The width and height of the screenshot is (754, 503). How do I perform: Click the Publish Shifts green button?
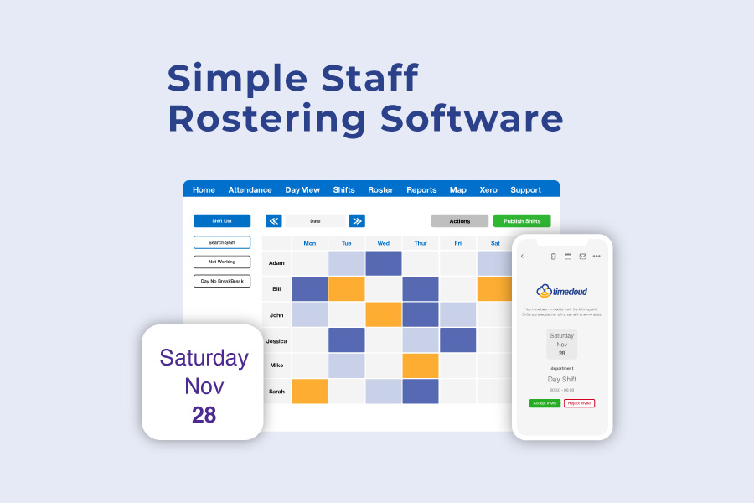(522, 221)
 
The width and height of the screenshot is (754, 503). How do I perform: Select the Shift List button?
(221, 221)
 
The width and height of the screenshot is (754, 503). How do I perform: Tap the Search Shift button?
(221, 242)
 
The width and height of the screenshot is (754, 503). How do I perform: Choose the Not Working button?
(221, 262)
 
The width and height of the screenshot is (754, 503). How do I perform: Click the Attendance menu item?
(250, 190)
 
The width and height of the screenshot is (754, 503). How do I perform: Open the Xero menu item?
(488, 190)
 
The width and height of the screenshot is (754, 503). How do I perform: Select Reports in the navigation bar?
(421, 190)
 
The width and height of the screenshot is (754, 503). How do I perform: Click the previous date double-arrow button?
(273, 221)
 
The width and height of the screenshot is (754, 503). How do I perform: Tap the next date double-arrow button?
(357, 221)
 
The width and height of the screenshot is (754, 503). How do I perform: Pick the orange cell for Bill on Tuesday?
(346, 288)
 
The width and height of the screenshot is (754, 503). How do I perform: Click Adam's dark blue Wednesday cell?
(383, 263)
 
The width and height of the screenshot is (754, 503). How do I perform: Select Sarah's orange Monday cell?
(309, 392)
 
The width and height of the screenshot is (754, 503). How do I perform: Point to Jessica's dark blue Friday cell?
(457, 340)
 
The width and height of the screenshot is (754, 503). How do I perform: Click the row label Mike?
(276, 366)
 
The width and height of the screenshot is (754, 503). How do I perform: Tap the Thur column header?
(420, 243)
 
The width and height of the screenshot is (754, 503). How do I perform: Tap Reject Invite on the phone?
(579, 403)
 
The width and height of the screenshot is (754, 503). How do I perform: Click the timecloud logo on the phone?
(561, 291)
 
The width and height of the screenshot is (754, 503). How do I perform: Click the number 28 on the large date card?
(204, 414)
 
